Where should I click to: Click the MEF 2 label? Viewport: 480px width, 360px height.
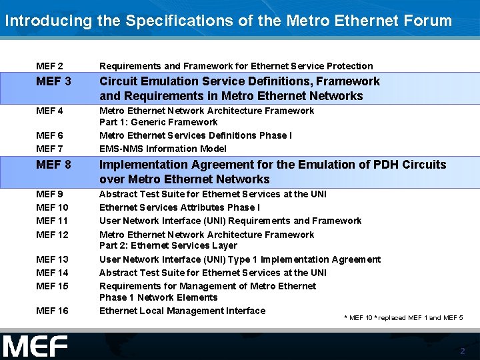(x=49, y=66)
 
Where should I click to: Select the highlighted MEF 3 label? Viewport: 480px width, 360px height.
(x=53, y=81)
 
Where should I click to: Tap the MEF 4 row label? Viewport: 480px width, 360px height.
(x=49, y=111)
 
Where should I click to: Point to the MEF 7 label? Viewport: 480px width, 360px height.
(x=49, y=149)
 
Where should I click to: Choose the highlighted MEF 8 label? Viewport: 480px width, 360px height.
(x=53, y=165)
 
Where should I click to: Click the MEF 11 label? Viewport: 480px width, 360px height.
(x=52, y=221)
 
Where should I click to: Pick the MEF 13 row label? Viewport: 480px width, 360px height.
(x=52, y=259)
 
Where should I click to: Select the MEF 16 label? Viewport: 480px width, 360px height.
(x=52, y=311)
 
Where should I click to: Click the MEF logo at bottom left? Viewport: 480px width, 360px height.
(x=35, y=347)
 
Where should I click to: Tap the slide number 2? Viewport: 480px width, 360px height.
(x=462, y=351)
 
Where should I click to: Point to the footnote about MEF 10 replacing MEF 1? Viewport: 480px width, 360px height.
(x=403, y=317)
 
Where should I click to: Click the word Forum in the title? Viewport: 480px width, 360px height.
(x=427, y=20)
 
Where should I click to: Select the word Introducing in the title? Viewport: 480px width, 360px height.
(x=48, y=20)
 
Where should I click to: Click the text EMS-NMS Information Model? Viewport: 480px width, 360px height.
(x=163, y=149)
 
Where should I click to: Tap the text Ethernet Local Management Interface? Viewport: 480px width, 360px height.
(x=182, y=311)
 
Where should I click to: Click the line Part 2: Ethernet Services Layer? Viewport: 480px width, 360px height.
(x=168, y=245)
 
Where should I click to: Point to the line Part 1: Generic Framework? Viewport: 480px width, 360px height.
(x=158, y=122)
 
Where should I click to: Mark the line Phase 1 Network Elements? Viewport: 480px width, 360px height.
(x=158, y=297)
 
